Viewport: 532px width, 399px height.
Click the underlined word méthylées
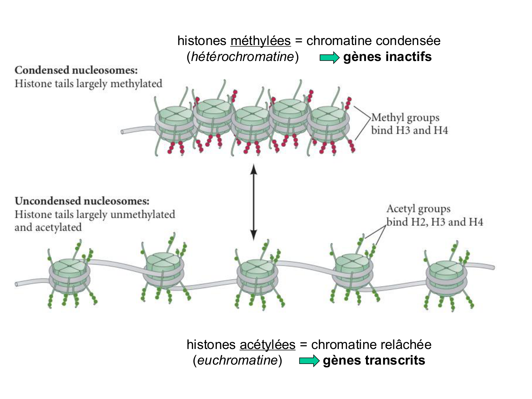tap(260, 41)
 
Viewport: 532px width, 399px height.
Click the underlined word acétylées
tap(267, 345)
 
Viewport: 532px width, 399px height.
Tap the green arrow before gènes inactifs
tap(329, 57)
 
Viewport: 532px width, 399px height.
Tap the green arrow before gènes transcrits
tap(309, 361)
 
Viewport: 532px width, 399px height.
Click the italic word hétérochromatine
tap(243, 57)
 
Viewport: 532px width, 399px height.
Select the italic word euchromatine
tap(237, 360)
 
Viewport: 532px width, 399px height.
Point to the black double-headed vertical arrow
tap(253, 202)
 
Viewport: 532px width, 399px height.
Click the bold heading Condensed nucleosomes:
tap(76, 70)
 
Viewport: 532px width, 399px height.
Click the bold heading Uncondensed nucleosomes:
tap(82, 201)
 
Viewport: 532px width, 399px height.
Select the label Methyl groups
tap(405, 117)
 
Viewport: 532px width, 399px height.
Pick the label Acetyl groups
tap(419, 209)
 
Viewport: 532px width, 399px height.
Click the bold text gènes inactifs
tap(387, 57)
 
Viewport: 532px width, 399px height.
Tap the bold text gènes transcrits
tap(374, 361)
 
